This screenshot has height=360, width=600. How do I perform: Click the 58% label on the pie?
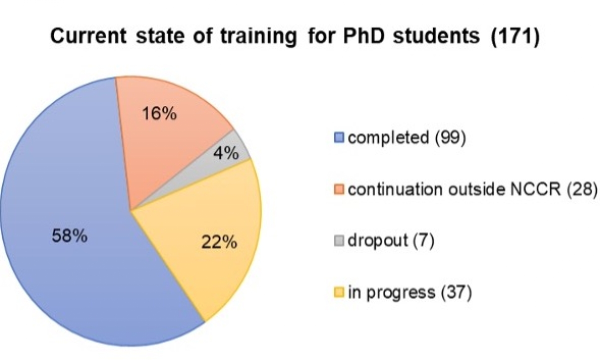(x=69, y=236)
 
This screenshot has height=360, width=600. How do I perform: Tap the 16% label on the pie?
(x=159, y=113)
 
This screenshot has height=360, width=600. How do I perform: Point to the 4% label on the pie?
(x=226, y=153)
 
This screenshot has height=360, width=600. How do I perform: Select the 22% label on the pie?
(x=219, y=242)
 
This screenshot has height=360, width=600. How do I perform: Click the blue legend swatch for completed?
(x=339, y=137)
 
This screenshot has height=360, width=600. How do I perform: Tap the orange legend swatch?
(x=339, y=189)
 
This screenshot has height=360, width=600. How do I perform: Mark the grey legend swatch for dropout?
(x=339, y=240)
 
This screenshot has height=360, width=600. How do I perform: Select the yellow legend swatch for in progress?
(x=339, y=292)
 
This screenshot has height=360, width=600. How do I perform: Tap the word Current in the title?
(x=88, y=36)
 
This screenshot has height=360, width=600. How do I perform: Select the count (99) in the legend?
(x=450, y=138)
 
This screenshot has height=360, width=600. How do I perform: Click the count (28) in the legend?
(x=582, y=189)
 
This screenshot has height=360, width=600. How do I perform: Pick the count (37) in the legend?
(x=456, y=292)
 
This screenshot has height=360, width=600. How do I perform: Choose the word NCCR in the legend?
(x=535, y=189)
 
